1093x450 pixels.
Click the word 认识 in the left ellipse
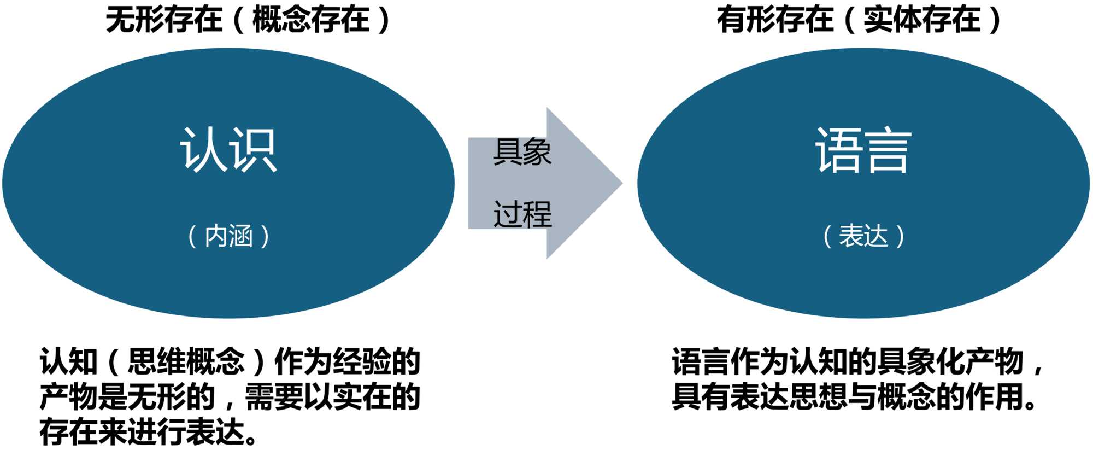228,150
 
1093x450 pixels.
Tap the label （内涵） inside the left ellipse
228,236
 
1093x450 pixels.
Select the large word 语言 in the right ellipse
863,150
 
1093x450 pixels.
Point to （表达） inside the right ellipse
863,236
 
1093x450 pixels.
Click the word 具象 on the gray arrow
522,151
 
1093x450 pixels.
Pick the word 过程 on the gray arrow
522,214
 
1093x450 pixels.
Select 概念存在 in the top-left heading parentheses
310,20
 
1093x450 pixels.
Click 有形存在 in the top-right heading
775,20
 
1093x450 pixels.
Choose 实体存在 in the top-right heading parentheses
922,20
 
